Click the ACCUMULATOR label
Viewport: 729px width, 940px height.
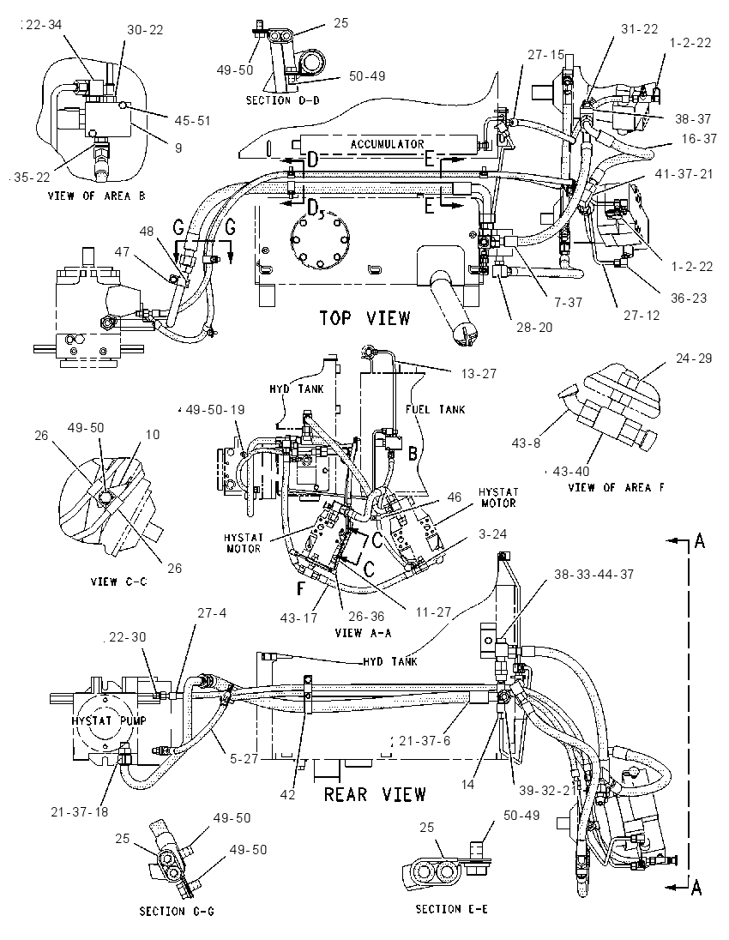tap(387, 144)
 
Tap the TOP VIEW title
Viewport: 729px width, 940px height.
tap(364, 317)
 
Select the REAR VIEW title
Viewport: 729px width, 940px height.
tap(375, 795)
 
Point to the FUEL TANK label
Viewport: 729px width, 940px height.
tap(436, 409)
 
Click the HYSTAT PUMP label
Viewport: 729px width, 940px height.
tap(109, 720)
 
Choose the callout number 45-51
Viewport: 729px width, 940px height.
tap(192, 120)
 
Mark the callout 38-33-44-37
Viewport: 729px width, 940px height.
tap(593, 574)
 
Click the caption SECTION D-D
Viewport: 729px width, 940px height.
tap(283, 100)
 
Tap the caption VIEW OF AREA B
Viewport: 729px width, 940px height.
tap(97, 196)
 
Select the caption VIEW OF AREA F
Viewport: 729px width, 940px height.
tap(616, 487)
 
